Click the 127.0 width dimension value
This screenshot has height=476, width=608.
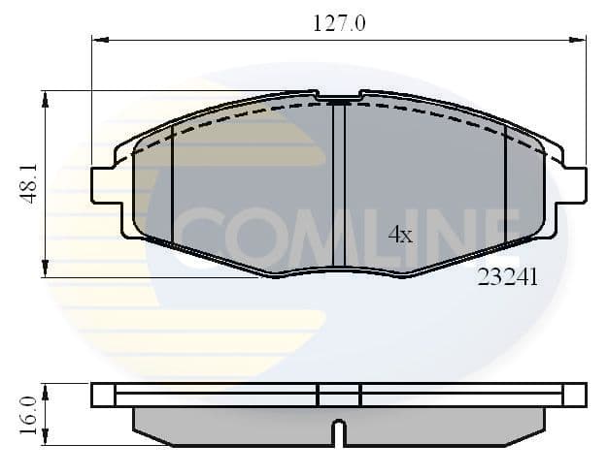339,22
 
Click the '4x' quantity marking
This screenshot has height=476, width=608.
400,235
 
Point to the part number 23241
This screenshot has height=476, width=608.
507,276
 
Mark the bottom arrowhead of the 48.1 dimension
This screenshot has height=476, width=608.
45,270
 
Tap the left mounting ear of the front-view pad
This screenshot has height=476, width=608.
103,184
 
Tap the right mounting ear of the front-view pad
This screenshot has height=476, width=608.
575,184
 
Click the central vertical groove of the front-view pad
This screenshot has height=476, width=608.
339,184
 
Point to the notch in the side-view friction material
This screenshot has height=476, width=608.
338,433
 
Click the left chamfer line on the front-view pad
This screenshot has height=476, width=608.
172,184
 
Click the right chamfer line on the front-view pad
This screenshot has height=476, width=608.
506,184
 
